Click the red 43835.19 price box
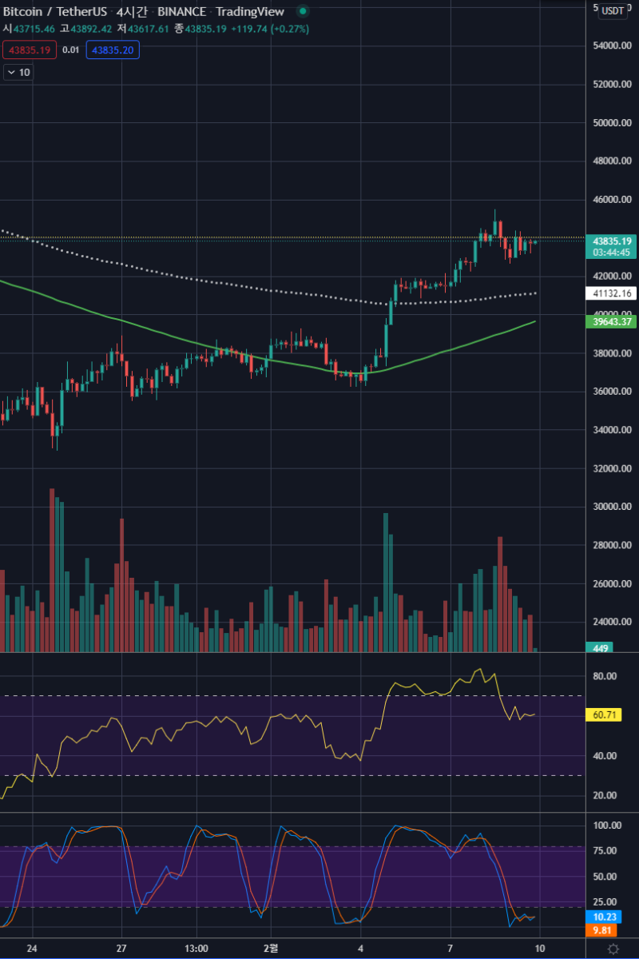(x=29, y=50)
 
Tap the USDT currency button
(x=613, y=10)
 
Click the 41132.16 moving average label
(x=613, y=293)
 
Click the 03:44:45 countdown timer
(x=613, y=253)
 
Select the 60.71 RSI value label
(x=608, y=714)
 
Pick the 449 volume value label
(x=601, y=648)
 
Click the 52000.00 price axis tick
(x=613, y=85)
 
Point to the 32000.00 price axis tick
(x=613, y=468)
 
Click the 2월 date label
(x=272, y=949)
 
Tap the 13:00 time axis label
(x=196, y=949)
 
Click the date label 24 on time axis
(x=32, y=949)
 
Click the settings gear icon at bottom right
(x=613, y=949)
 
